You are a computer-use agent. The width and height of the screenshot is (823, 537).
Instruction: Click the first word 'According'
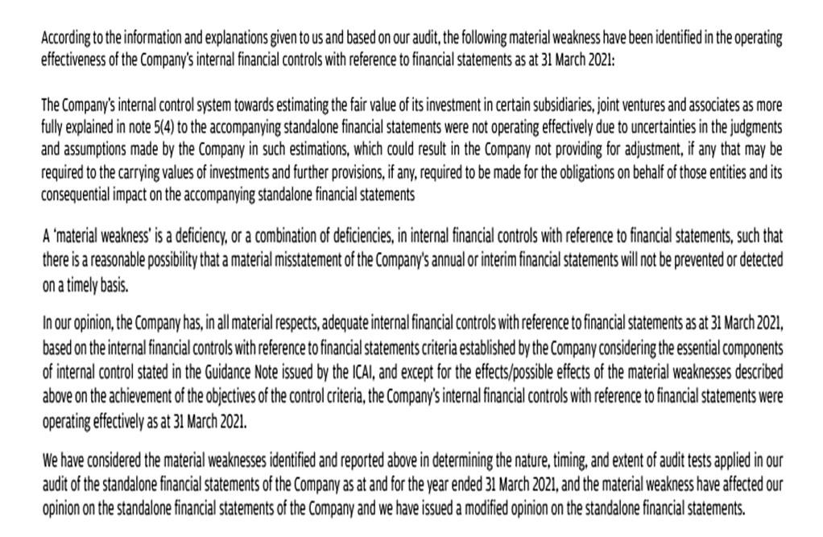point(65,38)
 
